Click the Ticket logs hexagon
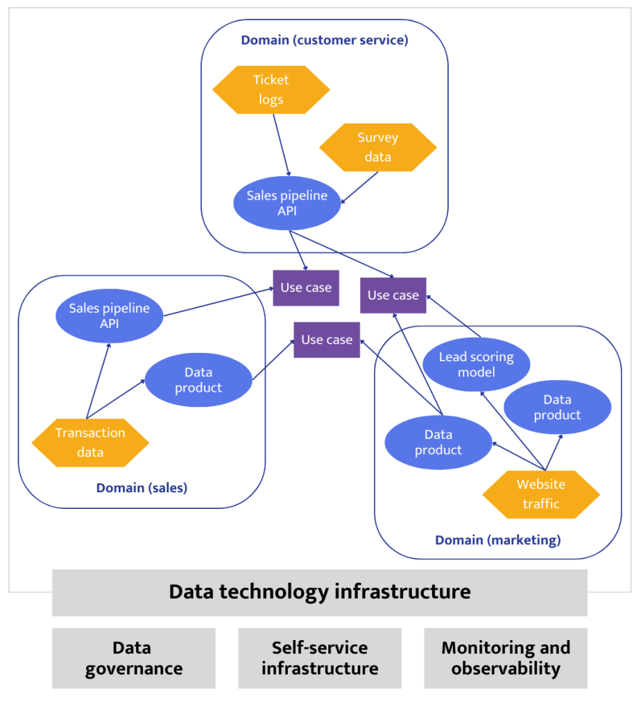(271, 90)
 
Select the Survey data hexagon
(377, 148)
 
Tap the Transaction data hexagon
(90, 442)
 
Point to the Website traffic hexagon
(540, 494)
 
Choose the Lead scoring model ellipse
(476, 365)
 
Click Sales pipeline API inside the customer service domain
(287, 203)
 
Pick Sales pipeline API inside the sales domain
(109, 315)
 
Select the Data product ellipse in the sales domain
(198, 380)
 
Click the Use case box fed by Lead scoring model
(393, 295)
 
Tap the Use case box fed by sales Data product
(327, 340)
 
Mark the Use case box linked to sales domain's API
(306, 288)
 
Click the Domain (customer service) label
(324, 40)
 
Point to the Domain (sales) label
(142, 488)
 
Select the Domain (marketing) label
(497, 539)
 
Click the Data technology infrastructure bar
(320, 592)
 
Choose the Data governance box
(134, 658)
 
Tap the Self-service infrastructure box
(320, 658)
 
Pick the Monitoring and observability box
(505, 658)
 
